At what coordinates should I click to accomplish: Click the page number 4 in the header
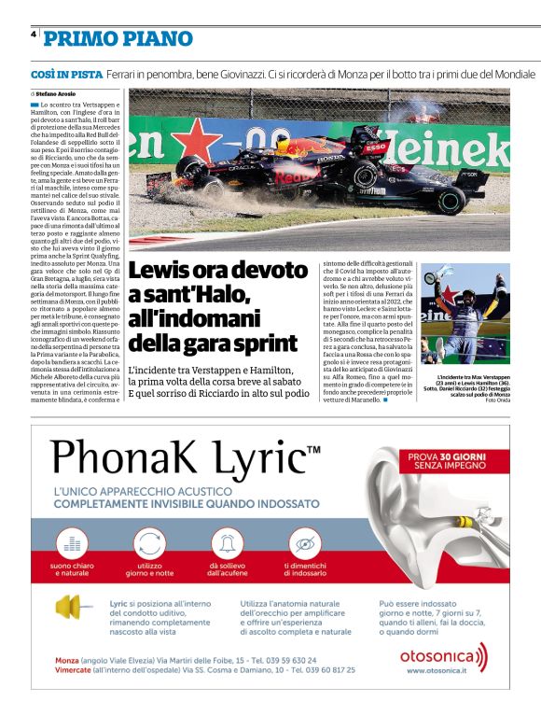coord(34,35)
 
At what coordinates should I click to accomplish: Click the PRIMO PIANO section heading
coord(118,39)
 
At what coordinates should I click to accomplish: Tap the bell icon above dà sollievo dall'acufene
coord(229,542)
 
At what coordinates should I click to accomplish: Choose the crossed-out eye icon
coord(305,542)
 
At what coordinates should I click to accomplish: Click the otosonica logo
coord(444,658)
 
